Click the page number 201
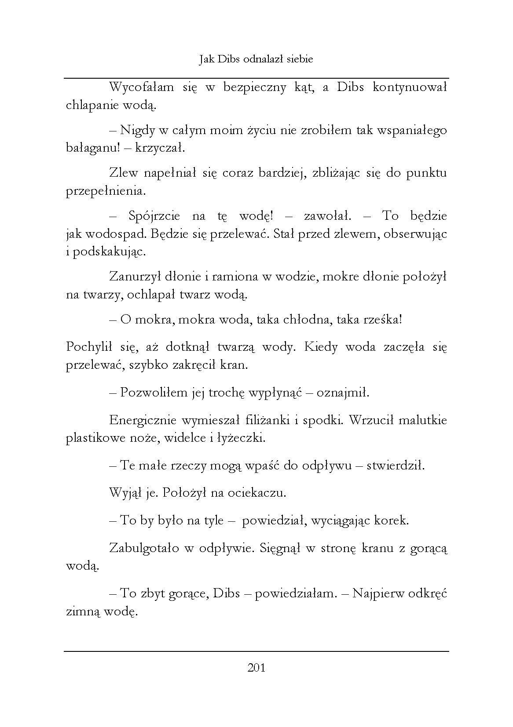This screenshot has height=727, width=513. point(256,669)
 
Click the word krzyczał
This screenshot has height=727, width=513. point(160,148)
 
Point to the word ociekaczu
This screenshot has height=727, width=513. point(257,493)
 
